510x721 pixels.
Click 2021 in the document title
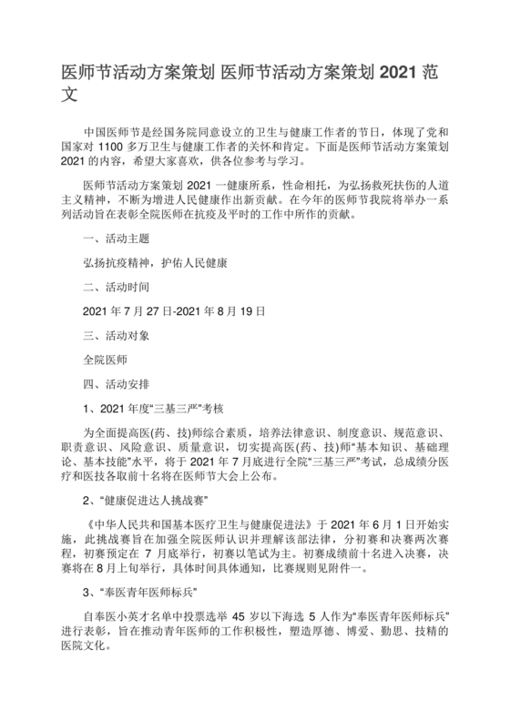[399, 70]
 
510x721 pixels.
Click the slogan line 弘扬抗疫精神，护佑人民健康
[154, 262]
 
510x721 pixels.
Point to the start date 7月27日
[138, 310]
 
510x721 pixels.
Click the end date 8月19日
[240, 310]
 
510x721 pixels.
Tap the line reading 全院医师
[104, 358]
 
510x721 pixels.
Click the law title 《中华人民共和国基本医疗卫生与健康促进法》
[198, 526]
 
